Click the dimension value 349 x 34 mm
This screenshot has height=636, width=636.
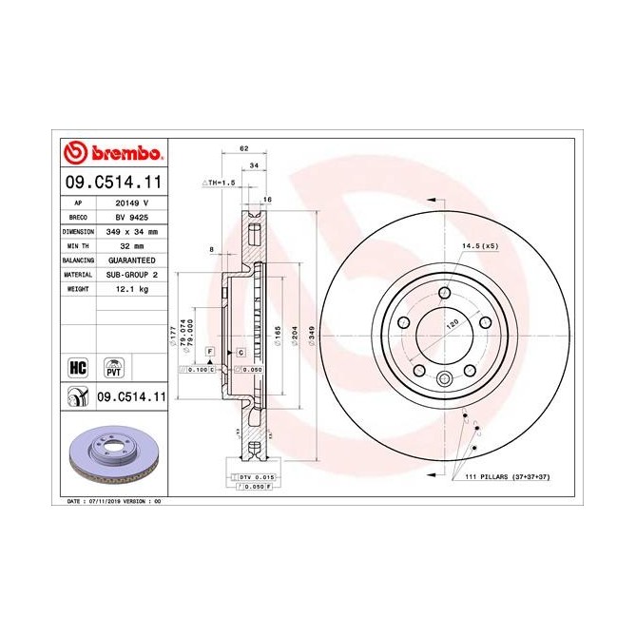pos(131,231)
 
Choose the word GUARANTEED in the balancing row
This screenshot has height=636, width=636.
pos(131,260)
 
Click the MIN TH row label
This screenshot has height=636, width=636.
pos(77,245)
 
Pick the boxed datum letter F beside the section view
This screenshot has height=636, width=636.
pos(208,352)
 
